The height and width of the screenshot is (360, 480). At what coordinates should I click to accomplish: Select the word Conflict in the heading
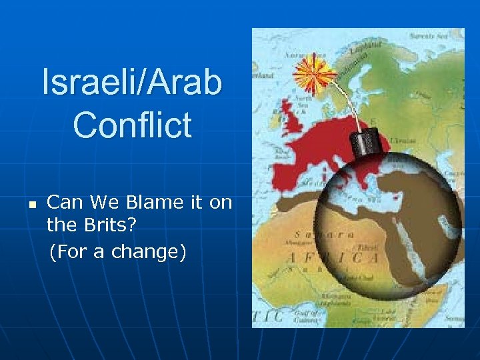tap(132, 125)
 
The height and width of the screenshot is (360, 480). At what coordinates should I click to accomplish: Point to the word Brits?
tap(111, 227)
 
